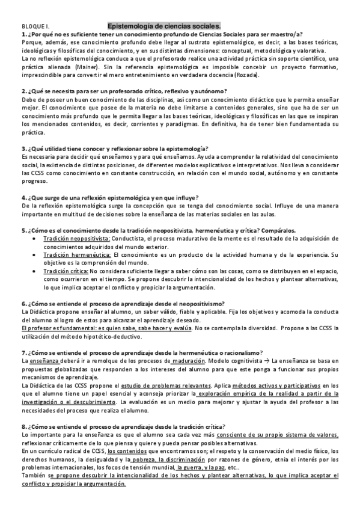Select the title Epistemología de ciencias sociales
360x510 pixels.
[164, 26]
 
